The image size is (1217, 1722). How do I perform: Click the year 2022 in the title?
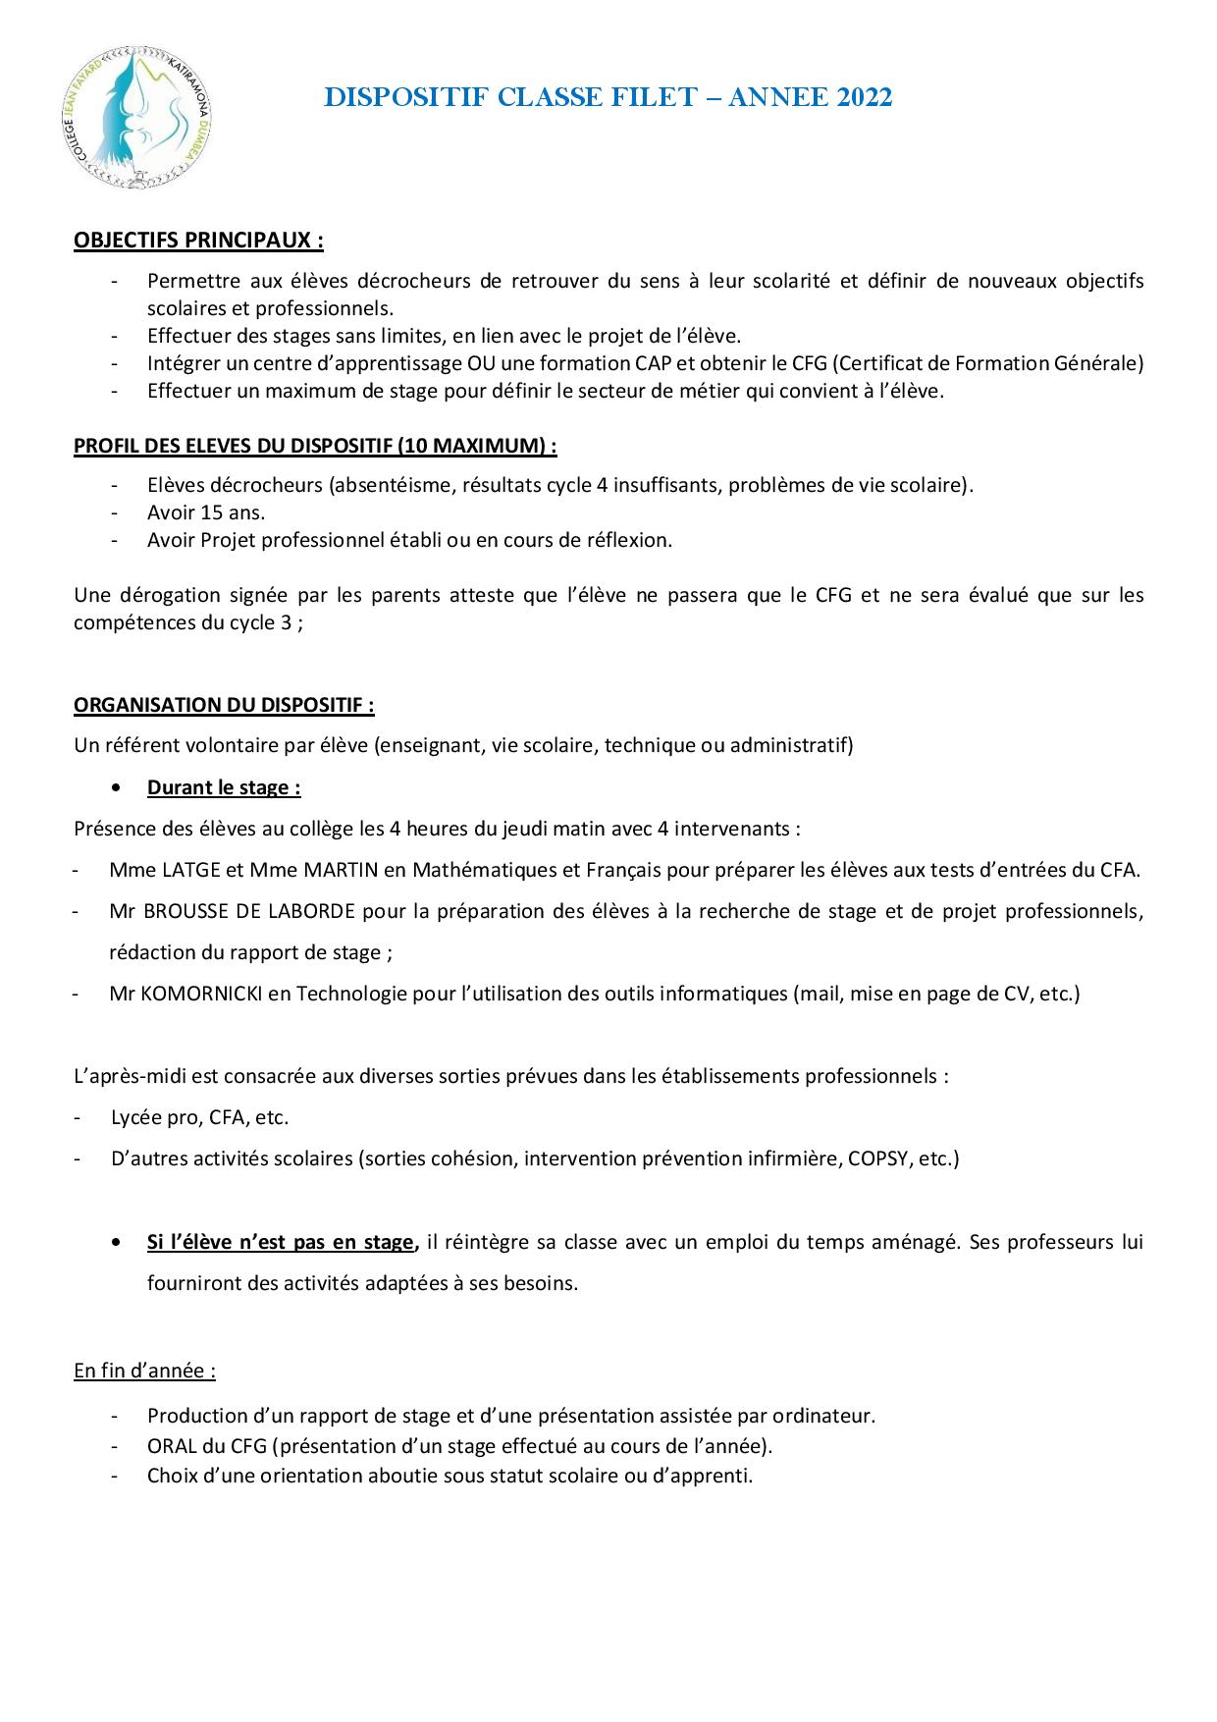(x=865, y=97)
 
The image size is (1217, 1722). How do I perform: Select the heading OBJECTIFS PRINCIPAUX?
(x=198, y=241)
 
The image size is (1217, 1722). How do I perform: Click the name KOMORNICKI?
(x=200, y=994)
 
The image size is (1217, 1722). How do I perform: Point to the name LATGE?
(x=189, y=870)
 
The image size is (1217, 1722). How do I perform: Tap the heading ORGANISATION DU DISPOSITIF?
(x=224, y=705)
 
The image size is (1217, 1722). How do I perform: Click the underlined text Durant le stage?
(x=224, y=787)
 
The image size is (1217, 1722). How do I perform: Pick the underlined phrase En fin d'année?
(x=144, y=1371)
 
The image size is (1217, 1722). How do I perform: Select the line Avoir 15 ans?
(x=206, y=512)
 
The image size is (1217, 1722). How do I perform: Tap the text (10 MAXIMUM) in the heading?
(x=476, y=446)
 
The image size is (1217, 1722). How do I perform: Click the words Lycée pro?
(x=156, y=1117)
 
